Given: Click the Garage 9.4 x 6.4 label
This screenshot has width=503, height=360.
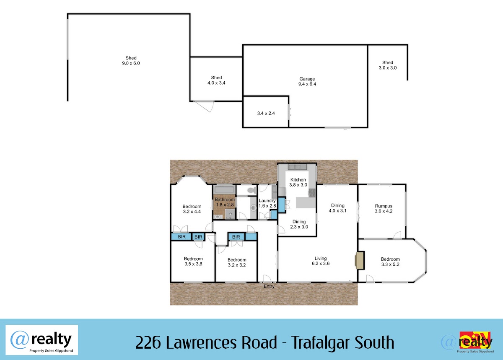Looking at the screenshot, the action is point(307,81).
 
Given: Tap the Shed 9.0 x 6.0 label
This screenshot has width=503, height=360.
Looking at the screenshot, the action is point(131,61).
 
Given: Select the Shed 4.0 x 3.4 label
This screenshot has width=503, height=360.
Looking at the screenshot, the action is point(216,80).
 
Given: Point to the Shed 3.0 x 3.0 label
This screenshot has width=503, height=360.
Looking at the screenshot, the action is point(388,65).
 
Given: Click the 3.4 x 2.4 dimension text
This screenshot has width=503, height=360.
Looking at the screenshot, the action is point(266,113).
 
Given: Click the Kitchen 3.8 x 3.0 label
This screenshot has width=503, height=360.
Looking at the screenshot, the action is point(298,182).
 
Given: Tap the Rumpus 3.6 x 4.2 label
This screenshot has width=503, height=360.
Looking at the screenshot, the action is point(384,208).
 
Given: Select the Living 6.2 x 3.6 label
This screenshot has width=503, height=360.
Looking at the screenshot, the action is point(320,261).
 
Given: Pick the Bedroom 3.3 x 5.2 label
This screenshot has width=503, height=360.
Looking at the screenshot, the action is point(390,262).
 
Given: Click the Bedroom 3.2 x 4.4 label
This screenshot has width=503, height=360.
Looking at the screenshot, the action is point(192,209).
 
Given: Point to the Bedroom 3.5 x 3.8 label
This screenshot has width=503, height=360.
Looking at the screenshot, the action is point(193,261).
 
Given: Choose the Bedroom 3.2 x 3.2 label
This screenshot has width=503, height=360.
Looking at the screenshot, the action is point(237,262).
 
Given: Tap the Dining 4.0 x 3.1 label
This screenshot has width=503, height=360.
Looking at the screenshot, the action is point(337,208).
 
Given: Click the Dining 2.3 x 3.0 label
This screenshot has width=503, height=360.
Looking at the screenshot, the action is point(299,224).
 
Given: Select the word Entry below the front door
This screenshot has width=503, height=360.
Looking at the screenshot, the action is point(269,286).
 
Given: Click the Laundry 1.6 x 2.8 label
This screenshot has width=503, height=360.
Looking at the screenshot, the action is point(267,203).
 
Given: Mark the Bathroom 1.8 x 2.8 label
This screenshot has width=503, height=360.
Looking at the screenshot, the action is point(225,202).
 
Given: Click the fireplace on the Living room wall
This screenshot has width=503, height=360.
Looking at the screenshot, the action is point(359,260).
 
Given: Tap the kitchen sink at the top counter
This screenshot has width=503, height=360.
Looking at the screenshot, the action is point(297,167).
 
